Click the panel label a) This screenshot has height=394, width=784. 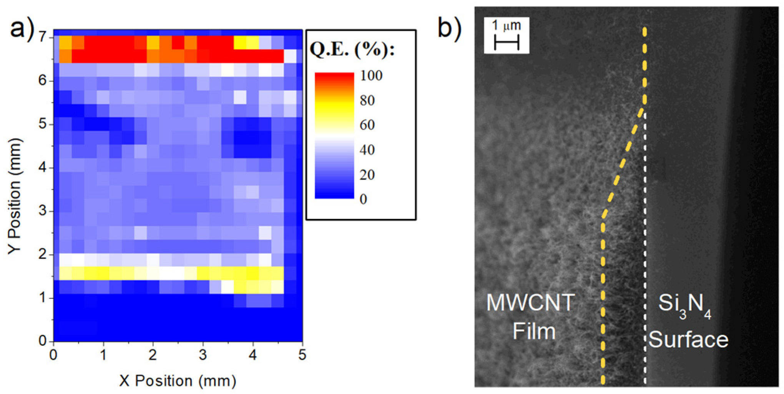[x=21, y=29]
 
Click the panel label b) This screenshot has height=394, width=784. [x=449, y=29]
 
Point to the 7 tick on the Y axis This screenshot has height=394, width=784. [x=43, y=37]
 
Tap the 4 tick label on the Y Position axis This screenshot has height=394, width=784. [x=43, y=168]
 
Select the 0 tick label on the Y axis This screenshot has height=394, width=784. [x=43, y=341]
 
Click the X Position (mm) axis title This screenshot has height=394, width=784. [x=178, y=381]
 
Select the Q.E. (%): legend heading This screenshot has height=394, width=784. [x=352, y=49]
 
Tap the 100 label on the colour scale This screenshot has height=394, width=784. [x=371, y=76]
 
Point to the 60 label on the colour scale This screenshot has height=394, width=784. [x=367, y=125]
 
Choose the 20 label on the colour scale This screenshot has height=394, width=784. [x=367, y=175]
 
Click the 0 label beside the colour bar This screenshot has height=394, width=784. [x=363, y=199]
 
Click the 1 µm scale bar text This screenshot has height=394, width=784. [x=506, y=26]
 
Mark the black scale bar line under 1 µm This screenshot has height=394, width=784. [x=506, y=42]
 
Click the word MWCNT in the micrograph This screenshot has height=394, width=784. [x=530, y=303]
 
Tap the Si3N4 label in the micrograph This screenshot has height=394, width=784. [x=684, y=305]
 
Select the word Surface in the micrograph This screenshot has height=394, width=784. [x=688, y=340]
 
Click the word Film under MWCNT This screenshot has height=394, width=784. [x=534, y=331]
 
